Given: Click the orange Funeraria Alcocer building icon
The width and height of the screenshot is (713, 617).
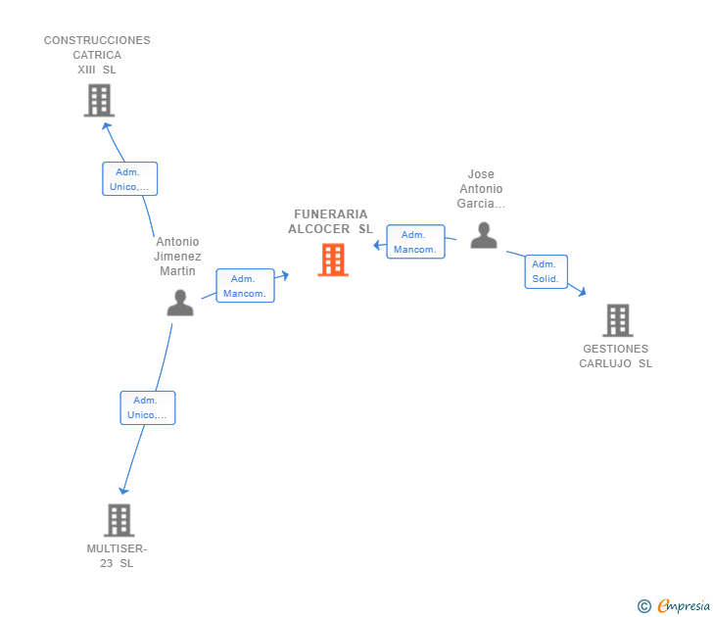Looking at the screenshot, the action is point(333,260).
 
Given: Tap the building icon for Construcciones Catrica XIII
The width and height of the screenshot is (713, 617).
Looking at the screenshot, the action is point(99,100).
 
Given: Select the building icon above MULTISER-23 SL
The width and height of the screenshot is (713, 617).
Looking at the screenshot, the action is point(119,520).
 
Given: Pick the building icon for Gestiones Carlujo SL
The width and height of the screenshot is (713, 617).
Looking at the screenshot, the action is point(618,320).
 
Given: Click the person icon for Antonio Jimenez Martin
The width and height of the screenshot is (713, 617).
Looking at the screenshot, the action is point(180,303).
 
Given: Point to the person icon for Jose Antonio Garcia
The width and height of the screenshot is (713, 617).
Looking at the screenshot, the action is point(484,235).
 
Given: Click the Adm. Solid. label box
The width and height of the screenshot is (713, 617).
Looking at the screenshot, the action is point(547,271).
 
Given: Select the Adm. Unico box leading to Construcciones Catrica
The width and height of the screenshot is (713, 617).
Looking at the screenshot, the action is point(130,178).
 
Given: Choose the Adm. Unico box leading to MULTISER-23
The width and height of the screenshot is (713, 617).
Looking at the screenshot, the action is point(148,407).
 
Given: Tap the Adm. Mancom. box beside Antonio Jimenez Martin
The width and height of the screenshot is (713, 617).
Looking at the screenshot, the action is point(245,286).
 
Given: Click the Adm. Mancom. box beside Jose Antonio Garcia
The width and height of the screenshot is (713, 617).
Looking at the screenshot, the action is point(415,242).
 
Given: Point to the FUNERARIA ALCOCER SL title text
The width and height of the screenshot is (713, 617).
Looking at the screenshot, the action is point(331,221).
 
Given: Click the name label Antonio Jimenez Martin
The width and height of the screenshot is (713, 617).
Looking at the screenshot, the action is point(177,256).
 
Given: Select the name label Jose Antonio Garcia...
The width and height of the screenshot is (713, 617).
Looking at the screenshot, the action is point(481,189).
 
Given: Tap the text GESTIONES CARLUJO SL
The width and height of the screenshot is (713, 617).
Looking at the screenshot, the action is point(616,356).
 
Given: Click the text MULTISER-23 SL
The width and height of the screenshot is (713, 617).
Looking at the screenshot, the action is point(117,555).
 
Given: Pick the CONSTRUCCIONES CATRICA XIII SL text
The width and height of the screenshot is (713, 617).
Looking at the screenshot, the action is point(97,55).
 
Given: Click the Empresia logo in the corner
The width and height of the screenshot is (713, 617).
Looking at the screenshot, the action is point(674,605).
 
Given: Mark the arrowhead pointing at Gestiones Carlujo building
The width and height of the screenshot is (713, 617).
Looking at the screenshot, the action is point(582,291).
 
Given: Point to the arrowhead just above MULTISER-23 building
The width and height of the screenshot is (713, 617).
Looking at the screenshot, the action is point(123,490).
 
